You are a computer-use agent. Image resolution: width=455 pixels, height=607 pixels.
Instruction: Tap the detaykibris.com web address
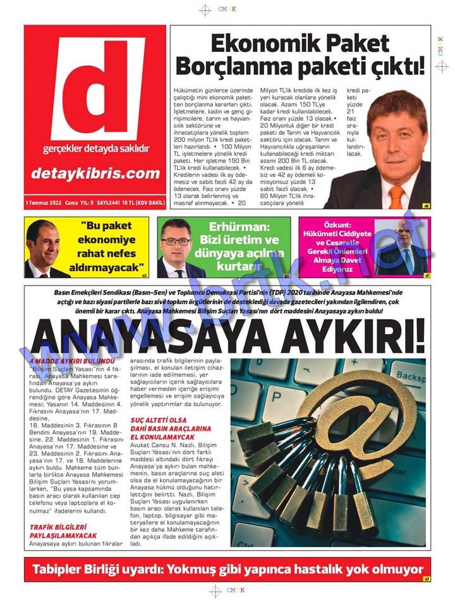(95, 173)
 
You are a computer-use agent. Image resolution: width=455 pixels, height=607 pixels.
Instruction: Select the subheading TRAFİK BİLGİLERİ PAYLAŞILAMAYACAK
(58, 530)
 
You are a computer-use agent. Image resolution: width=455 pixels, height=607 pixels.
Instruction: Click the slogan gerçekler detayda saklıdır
(95, 149)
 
